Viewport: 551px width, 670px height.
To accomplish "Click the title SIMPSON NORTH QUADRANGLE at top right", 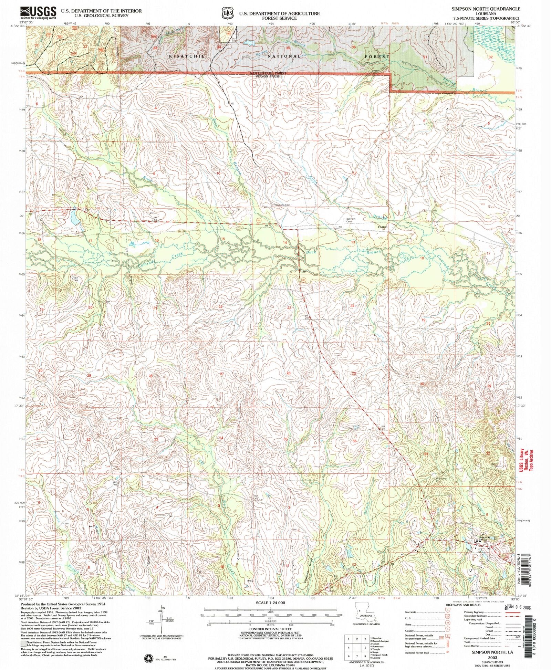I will coord(493,9).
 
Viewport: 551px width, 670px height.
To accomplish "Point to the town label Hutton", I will coord(383,227).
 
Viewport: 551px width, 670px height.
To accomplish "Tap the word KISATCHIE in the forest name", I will coord(187,56).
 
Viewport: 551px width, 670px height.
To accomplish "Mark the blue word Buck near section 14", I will coord(311,252).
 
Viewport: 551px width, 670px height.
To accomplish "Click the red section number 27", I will coord(222,374).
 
